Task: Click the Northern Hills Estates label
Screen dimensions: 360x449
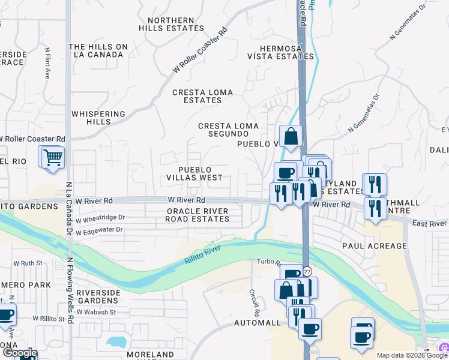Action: (171, 24)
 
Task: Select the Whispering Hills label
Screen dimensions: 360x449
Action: (98, 118)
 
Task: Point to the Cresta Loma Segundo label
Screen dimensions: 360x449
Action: (229, 130)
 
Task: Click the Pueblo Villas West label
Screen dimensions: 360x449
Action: (194, 173)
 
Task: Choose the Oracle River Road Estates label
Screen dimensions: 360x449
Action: (197, 215)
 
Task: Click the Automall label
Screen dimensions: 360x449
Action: (257, 323)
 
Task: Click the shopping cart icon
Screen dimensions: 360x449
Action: (53, 157)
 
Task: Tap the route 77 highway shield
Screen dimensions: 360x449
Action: (307, 272)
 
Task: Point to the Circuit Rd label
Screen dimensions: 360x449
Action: (254, 302)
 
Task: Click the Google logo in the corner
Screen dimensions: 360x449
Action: (19, 353)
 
